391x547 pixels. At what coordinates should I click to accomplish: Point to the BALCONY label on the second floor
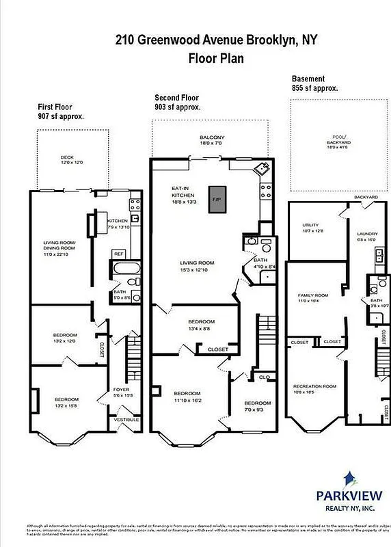tap(212, 137)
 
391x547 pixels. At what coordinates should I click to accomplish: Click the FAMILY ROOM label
tap(310, 297)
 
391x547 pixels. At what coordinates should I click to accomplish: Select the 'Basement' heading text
tap(308, 79)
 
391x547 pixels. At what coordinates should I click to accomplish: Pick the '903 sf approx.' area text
tap(178, 107)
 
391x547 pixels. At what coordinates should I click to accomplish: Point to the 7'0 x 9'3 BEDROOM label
tap(253, 403)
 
